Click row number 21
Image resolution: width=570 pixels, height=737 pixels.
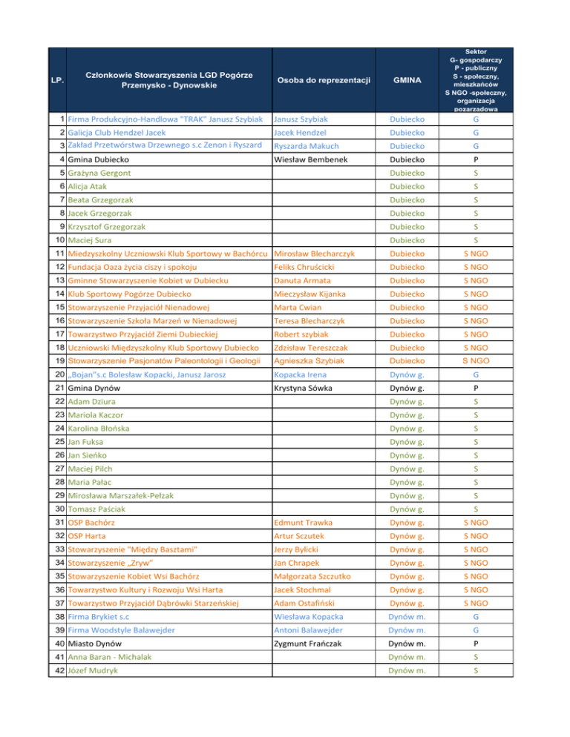pyautogui.click(x=56, y=387)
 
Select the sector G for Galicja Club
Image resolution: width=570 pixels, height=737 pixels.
pyautogui.click(x=475, y=131)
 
